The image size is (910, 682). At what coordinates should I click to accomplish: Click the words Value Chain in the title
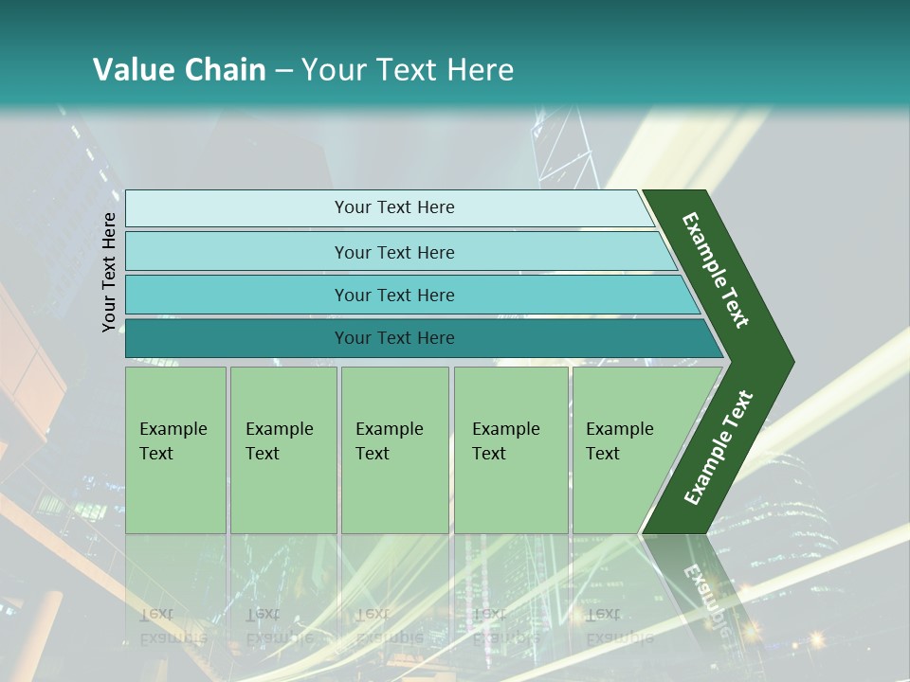click(x=179, y=70)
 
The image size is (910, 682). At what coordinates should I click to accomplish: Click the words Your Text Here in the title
click(x=407, y=70)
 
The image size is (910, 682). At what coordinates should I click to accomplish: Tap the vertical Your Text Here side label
click(x=109, y=272)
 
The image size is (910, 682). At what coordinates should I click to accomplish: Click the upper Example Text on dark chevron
click(x=716, y=270)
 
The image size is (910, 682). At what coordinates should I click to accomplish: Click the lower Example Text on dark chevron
click(x=719, y=448)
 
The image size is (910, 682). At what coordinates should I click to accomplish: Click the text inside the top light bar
click(x=394, y=207)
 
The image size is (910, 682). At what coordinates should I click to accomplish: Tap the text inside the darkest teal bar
click(x=394, y=338)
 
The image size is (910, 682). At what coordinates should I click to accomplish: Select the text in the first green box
click(x=173, y=441)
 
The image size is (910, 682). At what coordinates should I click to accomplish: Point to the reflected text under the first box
click(x=173, y=626)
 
